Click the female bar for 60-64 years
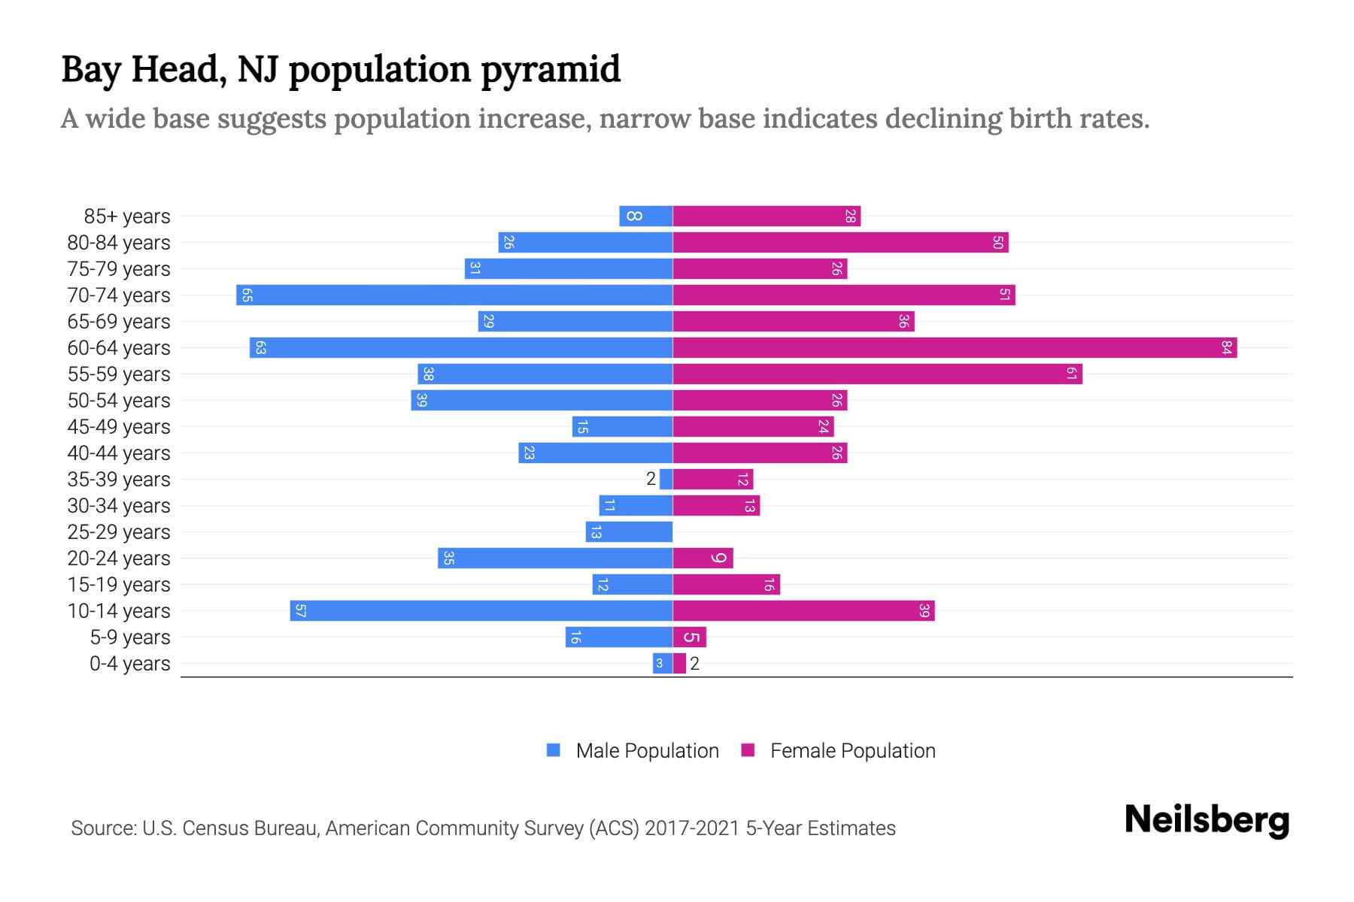click(x=954, y=348)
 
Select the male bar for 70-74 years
click(x=454, y=295)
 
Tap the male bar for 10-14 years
click(x=481, y=611)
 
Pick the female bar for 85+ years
click(x=766, y=216)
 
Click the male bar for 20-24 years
click(x=555, y=558)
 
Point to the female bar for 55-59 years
click(x=877, y=374)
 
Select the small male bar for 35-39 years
click(x=666, y=480)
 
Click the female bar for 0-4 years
click(x=679, y=664)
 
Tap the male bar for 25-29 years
click(x=629, y=532)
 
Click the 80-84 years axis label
click(x=119, y=243)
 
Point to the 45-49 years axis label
click(x=119, y=427)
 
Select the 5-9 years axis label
click(x=129, y=637)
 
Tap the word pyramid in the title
click(x=550, y=70)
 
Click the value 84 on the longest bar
click(x=1226, y=348)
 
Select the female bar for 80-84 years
click(x=839, y=243)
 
